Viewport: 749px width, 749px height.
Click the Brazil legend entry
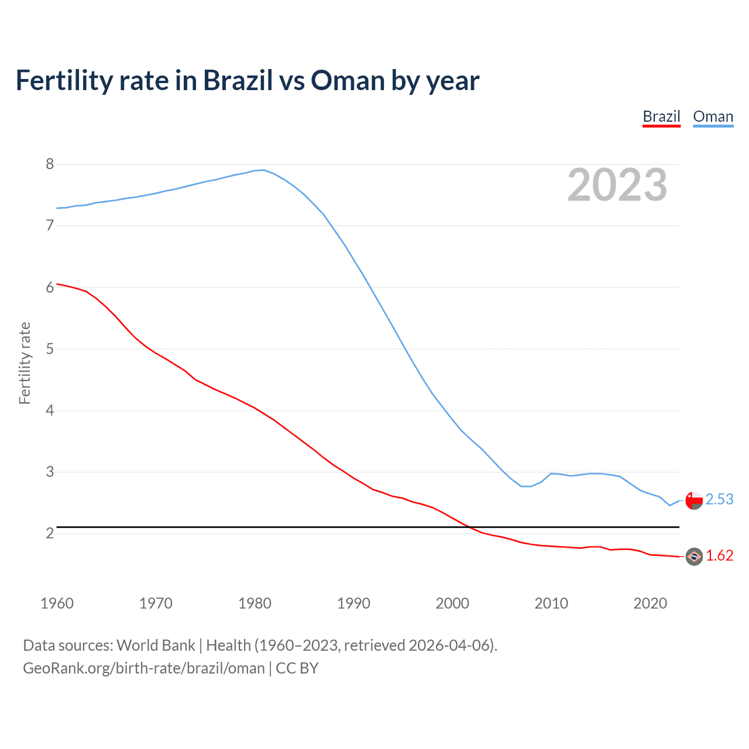(x=661, y=116)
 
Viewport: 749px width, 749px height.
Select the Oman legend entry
(x=713, y=116)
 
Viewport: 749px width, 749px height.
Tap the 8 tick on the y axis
(x=50, y=164)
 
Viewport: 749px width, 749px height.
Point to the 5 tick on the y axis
(x=50, y=349)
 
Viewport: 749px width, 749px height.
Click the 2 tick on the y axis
(x=50, y=534)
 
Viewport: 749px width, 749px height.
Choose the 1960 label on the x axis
(x=57, y=603)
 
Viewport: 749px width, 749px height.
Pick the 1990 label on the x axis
(x=353, y=603)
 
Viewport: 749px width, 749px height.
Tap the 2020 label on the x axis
(x=650, y=603)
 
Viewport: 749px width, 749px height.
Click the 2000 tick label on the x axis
(x=452, y=603)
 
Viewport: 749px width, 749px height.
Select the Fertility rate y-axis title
(x=25, y=363)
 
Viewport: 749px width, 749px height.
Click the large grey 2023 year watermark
(x=617, y=185)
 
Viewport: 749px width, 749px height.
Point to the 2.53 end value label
(x=719, y=500)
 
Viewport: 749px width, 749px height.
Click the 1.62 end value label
(x=719, y=556)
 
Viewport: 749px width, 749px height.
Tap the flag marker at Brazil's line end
(x=694, y=556)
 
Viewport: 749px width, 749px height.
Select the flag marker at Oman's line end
(x=694, y=500)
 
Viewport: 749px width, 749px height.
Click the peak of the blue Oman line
(x=263, y=170)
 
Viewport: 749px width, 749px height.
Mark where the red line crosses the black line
(x=469, y=527)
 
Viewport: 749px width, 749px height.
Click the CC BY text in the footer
(x=297, y=668)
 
